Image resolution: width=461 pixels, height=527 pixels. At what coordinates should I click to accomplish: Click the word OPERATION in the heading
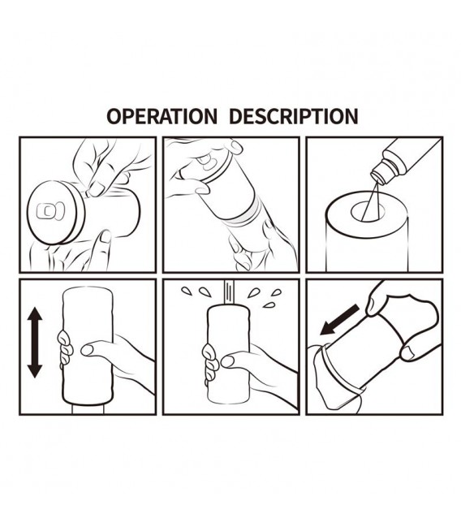click(162, 116)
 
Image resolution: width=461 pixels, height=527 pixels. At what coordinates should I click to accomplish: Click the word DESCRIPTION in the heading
click(293, 116)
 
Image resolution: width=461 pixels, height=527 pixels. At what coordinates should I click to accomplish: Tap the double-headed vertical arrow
click(35, 342)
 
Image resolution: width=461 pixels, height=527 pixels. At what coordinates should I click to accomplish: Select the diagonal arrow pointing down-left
click(339, 320)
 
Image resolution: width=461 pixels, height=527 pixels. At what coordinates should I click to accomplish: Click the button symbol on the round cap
click(50, 211)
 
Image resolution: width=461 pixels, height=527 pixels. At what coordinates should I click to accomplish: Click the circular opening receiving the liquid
click(368, 212)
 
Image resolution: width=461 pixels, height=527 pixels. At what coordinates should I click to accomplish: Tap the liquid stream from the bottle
click(370, 201)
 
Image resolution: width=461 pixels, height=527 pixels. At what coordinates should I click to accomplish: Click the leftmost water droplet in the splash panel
click(187, 291)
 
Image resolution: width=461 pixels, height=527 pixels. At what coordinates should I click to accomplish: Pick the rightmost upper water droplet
click(276, 292)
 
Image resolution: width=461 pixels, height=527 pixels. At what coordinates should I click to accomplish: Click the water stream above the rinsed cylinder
click(229, 292)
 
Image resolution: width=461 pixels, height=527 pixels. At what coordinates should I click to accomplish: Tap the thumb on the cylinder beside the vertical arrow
click(97, 349)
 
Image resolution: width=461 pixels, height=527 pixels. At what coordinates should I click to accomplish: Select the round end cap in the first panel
click(53, 213)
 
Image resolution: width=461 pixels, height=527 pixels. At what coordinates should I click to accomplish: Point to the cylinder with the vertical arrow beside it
click(88, 346)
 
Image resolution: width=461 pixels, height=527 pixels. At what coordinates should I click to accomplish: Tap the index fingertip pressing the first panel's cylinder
click(96, 189)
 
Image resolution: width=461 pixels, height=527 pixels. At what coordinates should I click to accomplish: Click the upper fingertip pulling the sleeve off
click(373, 306)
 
